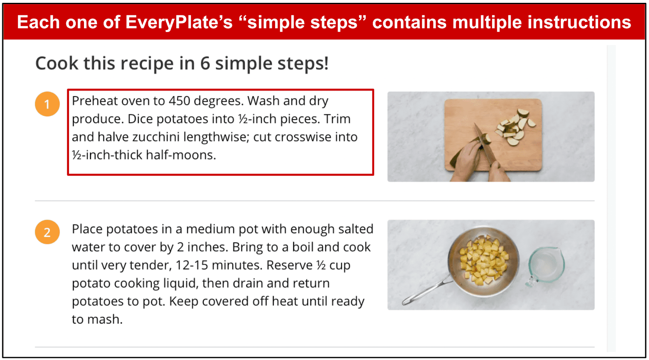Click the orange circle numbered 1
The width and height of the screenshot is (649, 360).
pyautogui.click(x=47, y=104)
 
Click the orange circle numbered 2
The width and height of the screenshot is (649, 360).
pyautogui.click(x=47, y=232)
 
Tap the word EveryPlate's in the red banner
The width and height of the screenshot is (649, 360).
pyautogui.click(x=179, y=22)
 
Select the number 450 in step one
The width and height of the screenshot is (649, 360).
pyautogui.click(x=180, y=101)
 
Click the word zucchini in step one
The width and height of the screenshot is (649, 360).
pyautogui.click(x=156, y=137)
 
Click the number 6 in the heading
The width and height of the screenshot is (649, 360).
pyautogui.click(x=205, y=63)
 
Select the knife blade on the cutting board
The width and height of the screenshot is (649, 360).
pyautogui.click(x=484, y=144)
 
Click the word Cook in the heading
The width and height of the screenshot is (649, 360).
pyautogui.click(x=57, y=63)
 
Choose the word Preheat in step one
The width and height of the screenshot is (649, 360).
pyautogui.click(x=95, y=101)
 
